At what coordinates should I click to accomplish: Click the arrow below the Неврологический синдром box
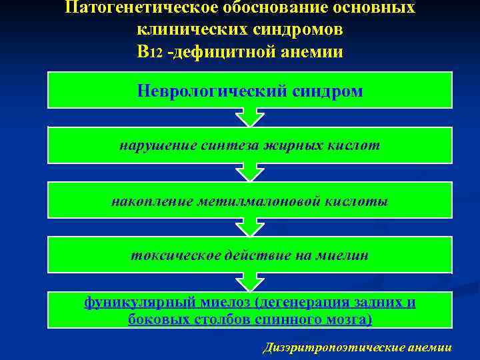coord(250,117)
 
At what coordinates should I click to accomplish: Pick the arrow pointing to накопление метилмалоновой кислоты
coord(250,172)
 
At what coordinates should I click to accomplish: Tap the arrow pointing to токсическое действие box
coord(250,227)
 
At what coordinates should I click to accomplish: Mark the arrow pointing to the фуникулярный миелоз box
coord(250,281)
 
